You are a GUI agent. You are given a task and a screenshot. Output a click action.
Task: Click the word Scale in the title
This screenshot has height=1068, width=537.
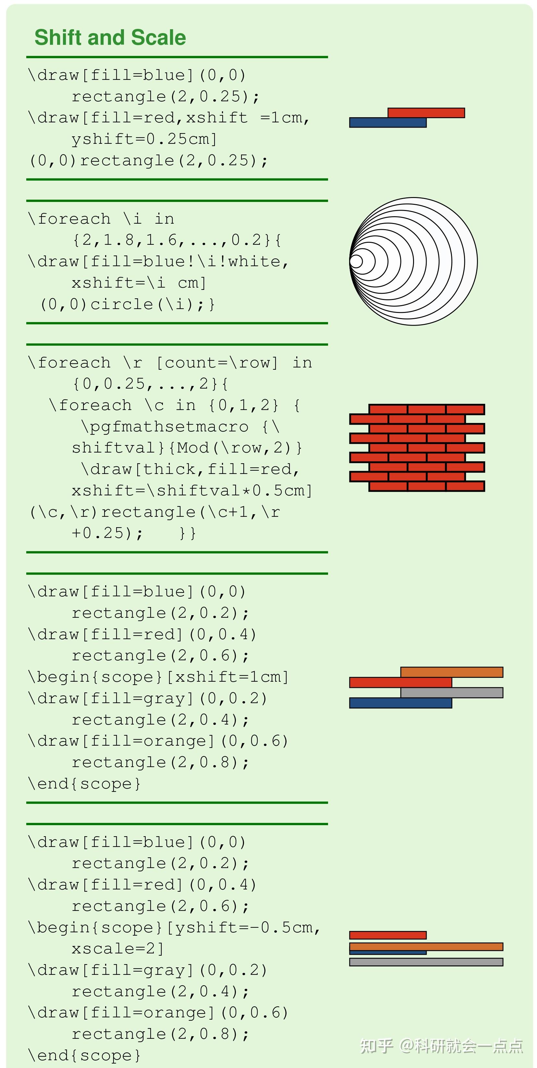(x=158, y=38)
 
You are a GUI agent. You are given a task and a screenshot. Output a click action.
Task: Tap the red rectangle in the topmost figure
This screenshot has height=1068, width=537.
(x=426, y=113)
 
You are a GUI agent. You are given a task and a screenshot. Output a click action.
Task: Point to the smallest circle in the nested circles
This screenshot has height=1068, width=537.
(x=356, y=262)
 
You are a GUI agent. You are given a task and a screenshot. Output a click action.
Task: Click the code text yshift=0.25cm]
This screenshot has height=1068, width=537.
(x=144, y=139)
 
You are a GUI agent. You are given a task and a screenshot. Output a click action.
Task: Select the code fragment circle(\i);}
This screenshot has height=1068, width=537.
(x=153, y=304)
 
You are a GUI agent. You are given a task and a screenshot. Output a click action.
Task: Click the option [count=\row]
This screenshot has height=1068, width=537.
(x=217, y=363)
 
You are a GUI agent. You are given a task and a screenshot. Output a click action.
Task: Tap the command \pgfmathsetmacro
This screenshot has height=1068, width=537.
(x=165, y=427)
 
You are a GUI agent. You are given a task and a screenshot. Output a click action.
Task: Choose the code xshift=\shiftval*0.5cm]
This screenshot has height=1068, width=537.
(x=192, y=491)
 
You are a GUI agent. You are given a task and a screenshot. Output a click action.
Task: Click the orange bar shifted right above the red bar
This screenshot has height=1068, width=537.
(x=452, y=672)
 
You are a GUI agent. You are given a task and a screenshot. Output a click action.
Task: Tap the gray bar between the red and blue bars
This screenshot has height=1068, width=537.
(x=452, y=692)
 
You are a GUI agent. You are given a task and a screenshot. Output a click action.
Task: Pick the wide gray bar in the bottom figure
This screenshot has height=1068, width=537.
(x=426, y=962)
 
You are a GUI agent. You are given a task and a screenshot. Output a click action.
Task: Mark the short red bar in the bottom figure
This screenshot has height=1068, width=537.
(x=388, y=935)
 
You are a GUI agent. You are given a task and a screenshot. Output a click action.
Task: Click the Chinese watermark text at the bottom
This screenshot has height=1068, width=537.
(x=441, y=1046)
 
